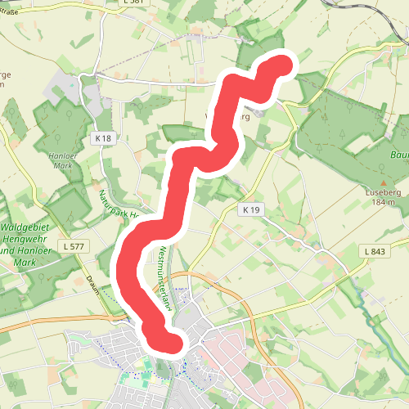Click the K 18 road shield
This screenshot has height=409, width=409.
click(x=102, y=139)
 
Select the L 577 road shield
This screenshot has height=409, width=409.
click(x=72, y=245)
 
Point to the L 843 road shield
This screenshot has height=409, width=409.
click(x=375, y=250)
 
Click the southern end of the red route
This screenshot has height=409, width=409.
click(x=169, y=339)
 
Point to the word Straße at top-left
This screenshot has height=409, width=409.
click(x=10, y=12)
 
